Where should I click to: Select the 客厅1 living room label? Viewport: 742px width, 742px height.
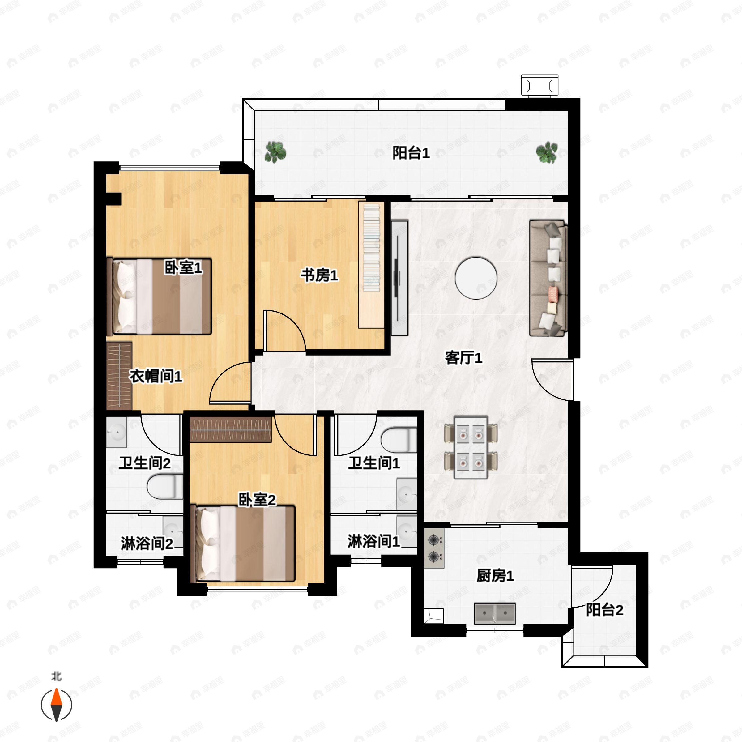[x=463, y=358]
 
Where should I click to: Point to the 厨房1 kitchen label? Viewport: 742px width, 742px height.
[x=495, y=576]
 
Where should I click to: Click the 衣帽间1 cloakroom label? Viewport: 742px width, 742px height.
[x=156, y=376]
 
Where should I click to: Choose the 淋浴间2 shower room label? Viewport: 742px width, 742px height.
[x=147, y=544]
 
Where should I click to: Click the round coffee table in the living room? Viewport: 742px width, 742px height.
[x=476, y=278]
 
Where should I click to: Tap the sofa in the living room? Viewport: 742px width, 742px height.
[x=548, y=278]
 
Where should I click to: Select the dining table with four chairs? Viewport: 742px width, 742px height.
[x=471, y=447]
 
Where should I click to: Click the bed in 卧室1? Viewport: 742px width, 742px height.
[x=159, y=296]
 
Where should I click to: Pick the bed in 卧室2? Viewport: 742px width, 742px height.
[x=243, y=544]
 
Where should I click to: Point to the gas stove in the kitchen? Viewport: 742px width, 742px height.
[x=434, y=548]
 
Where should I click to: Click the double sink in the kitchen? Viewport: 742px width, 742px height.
[x=495, y=613]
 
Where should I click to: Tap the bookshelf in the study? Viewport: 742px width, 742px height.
[x=371, y=265]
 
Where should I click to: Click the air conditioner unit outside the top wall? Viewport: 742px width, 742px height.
[x=539, y=85]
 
